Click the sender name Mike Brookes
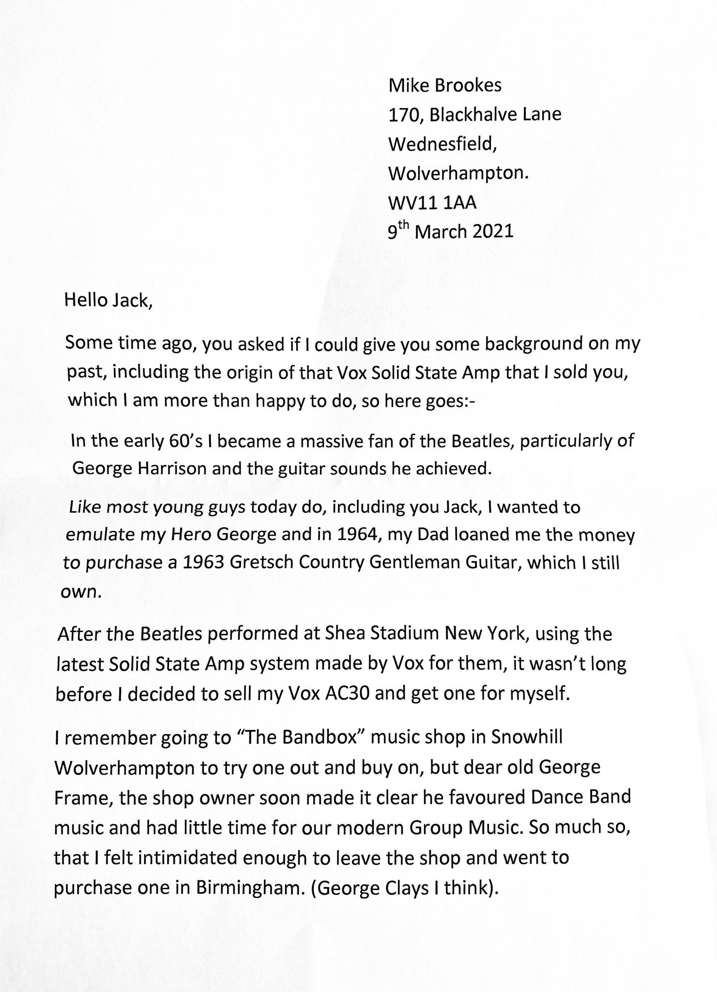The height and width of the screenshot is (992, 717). pyautogui.click(x=445, y=86)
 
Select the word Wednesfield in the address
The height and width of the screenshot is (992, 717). pyautogui.click(x=442, y=144)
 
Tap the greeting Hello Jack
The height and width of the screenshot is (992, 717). pyautogui.click(x=109, y=301)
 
